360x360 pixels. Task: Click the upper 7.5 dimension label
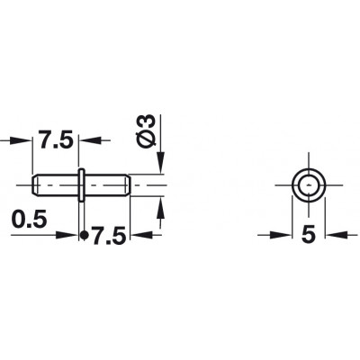click(56, 139)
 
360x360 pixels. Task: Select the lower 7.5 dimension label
click(108, 236)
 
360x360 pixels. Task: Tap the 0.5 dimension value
click(30, 219)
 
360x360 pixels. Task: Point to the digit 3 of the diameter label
click(148, 121)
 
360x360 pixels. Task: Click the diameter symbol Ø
click(148, 139)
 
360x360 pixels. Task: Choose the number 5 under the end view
click(309, 234)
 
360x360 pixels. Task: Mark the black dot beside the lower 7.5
click(85, 236)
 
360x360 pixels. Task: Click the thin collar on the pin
click(81, 185)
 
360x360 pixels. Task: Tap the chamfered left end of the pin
click(34, 185)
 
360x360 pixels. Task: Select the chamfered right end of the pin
click(128, 185)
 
